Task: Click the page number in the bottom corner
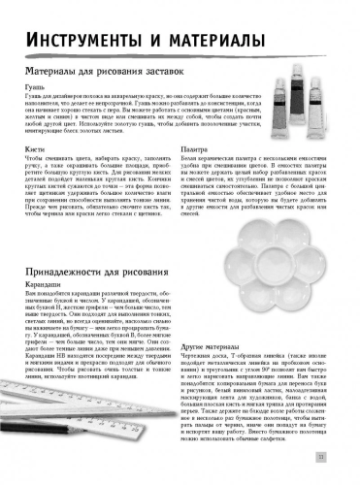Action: (x=333, y=458)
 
